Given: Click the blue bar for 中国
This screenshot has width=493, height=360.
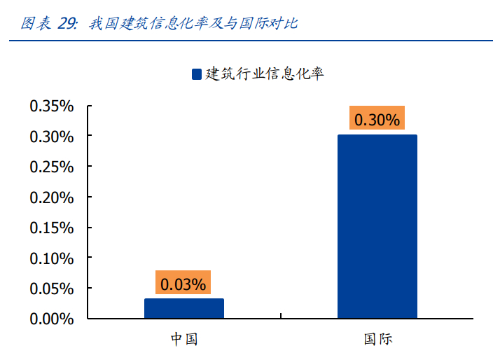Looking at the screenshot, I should [x=184, y=308].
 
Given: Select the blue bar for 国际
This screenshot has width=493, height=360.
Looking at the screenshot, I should [x=377, y=226].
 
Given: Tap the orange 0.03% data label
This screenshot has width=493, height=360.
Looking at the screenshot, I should [x=183, y=284].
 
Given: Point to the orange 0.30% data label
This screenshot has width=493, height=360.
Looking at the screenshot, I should [x=377, y=120].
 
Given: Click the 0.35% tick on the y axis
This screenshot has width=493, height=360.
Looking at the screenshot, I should [x=51, y=106].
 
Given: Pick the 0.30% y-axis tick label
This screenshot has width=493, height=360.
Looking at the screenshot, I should [x=51, y=137].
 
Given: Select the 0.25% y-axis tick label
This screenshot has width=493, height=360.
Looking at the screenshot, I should [x=51, y=167].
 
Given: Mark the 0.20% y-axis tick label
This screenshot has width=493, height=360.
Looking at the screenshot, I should [x=51, y=198].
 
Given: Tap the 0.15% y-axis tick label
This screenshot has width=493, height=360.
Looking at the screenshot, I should [x=51, y=228].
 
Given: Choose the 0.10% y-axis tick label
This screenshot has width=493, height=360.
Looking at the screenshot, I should [x=51, y=258].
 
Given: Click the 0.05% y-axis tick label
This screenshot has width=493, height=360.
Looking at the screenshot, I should [x=51, y=289].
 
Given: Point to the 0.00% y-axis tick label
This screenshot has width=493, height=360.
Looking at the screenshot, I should [x=51, y=319].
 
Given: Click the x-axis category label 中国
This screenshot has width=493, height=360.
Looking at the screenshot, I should [x=184, y=339].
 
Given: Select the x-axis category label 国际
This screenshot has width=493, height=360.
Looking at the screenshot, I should [x=377, y=339].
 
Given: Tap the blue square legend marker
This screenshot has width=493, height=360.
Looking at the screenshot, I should [x=196, y=74].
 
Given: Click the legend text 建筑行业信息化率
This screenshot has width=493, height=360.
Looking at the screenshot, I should [x=264, y=74].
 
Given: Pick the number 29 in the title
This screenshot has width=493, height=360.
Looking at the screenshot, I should [x=67, y=23].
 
